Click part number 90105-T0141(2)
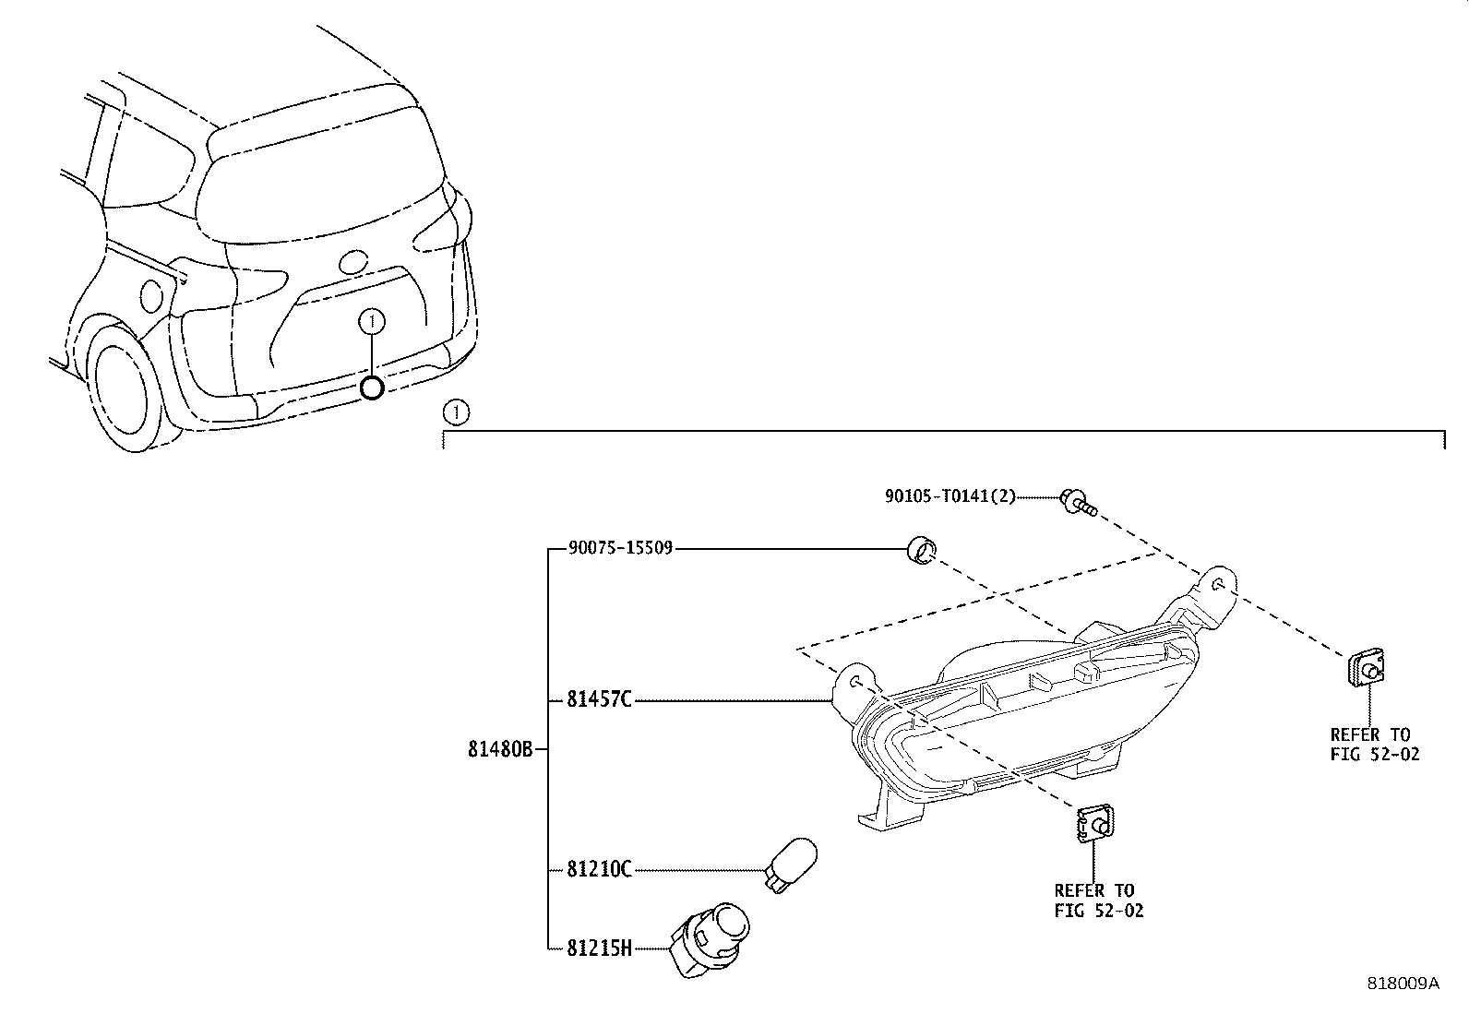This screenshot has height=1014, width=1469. pos(949,496)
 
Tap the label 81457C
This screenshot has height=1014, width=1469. pos(599,700)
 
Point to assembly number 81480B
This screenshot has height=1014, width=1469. pos(500,750)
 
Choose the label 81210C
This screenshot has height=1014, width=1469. pos(599,869)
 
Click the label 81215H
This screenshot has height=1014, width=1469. pos(599,948)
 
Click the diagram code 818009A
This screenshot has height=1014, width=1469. pos(1403,984)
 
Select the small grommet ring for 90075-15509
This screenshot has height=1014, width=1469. pos(920,550)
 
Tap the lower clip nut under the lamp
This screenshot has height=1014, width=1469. pos(1094,823)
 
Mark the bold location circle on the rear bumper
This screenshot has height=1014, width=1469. pos(371,388)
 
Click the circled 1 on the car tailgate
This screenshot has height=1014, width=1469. pos(371,321)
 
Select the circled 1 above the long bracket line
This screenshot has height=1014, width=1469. pos(456,412)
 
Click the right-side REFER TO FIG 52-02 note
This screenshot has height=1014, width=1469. pos(1374,744)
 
